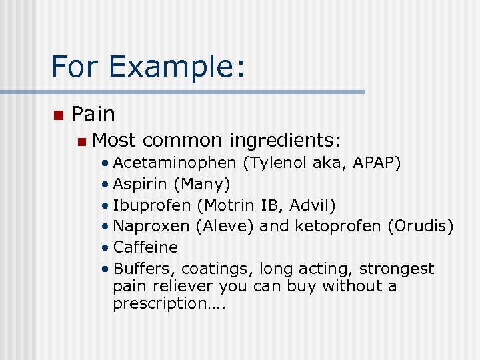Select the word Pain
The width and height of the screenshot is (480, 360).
[x=93, y=115]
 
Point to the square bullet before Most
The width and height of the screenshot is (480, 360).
[x=81, y=141]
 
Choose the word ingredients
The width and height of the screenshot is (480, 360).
[x=285, y=141]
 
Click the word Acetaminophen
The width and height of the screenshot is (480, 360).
[x=175, y=163]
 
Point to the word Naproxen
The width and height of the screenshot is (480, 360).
[x=151, y=226]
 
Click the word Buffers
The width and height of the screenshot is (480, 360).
[x=143, y=269]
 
